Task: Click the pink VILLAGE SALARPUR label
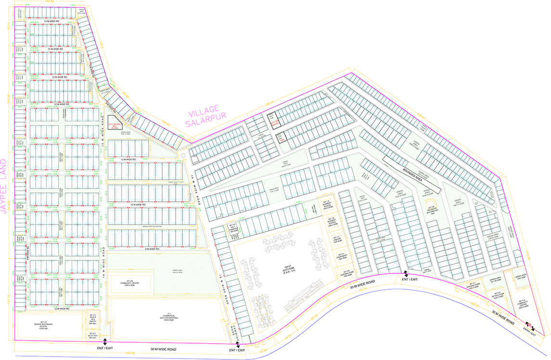point(203,116)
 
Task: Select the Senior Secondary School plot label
point(40,325)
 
